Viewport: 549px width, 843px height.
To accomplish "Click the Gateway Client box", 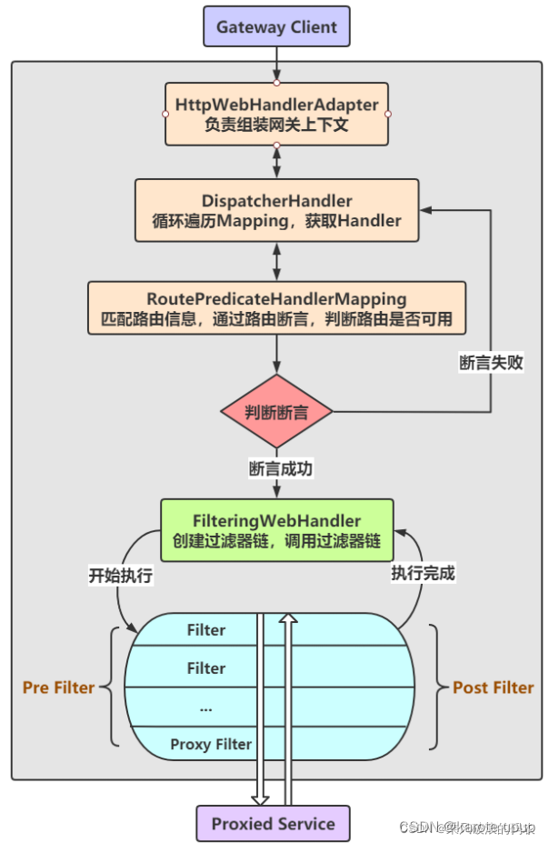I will (276, 27).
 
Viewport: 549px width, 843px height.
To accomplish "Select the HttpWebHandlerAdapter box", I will (276, 114).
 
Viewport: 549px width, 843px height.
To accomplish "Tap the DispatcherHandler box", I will (276, 210).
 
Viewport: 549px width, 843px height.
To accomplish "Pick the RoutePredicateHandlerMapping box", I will (276, 309).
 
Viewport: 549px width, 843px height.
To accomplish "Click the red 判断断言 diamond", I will (276, 412).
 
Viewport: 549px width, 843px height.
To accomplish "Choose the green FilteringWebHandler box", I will (276, 530).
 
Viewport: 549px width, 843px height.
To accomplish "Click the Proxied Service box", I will (274, 824).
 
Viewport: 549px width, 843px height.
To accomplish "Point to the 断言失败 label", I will (491, 362).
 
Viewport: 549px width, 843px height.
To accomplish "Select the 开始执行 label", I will (120, 575).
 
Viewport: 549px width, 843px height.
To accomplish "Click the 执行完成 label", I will (423, 573).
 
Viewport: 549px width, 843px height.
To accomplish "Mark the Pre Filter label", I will (59, 687).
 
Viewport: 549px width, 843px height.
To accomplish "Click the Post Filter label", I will (494, 687).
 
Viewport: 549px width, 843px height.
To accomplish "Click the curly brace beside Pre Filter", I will (112, 687).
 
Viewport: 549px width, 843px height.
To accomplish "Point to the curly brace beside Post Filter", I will (437, 687).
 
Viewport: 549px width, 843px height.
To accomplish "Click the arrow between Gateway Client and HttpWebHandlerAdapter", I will (276, 64).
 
